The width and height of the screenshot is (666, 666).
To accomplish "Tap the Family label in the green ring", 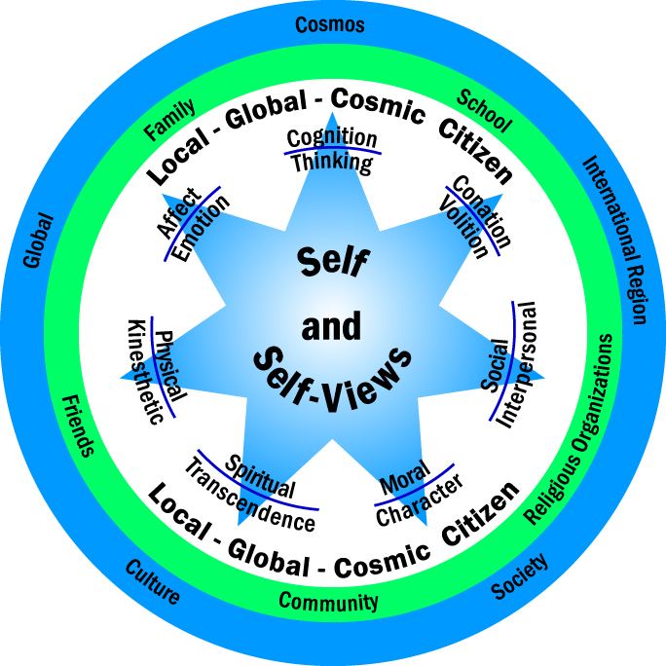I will [169, 120].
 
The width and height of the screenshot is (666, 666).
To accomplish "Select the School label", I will [484, 110].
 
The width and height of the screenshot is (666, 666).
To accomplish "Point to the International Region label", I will [614, 240].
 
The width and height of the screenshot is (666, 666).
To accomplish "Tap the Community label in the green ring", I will [328, 601].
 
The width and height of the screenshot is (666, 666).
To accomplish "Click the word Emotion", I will [206, 228].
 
